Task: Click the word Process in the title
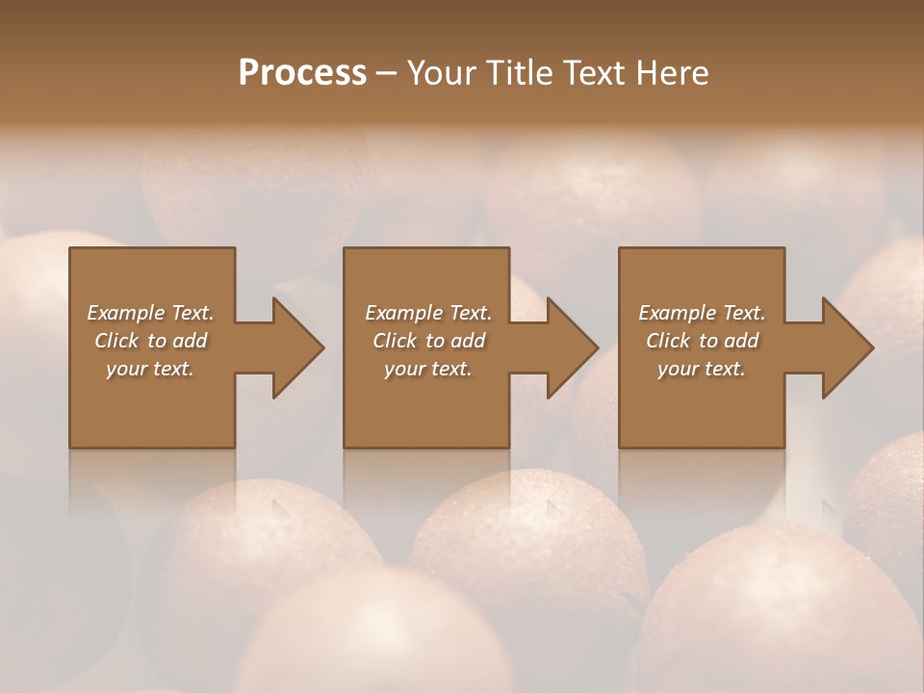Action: coord(302,73)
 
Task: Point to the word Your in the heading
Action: coord(445,73)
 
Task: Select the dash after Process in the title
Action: coord(387,74)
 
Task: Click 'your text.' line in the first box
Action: coord(150,369)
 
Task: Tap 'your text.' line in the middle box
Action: coord(427,369)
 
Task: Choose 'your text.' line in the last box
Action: coord(701,369)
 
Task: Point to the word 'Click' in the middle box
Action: coord(396,341)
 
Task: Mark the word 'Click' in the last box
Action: coord(669,341)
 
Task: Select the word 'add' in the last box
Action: coord(741,341)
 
